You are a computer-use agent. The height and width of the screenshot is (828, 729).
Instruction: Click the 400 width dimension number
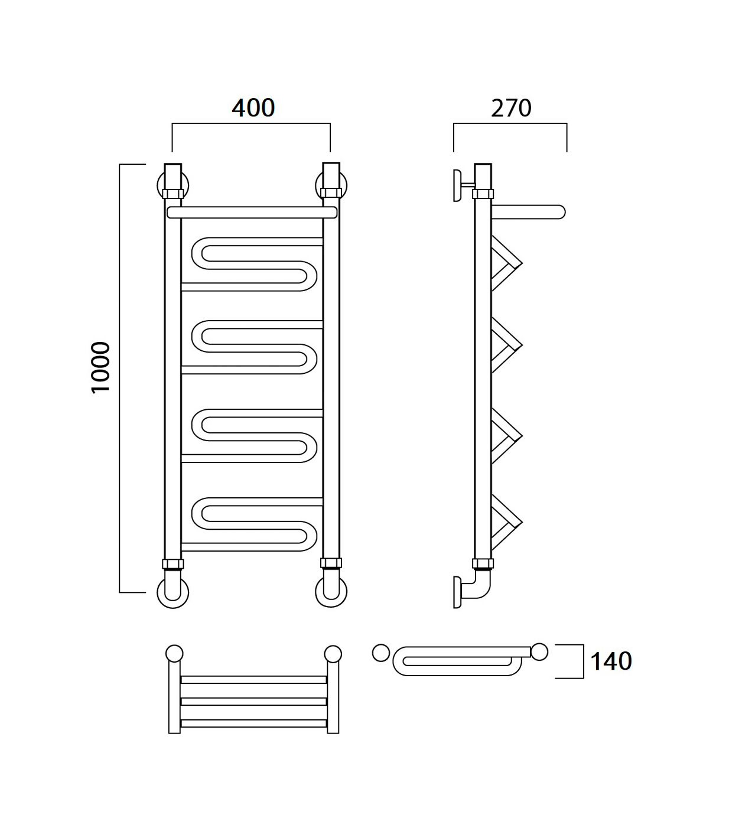click(253, 108)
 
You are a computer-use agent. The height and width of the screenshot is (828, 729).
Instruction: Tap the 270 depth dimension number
click(511, 108)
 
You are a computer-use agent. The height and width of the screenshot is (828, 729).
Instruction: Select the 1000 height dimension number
click(100, 367)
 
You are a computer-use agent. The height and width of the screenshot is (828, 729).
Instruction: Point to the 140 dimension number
click(611, 661)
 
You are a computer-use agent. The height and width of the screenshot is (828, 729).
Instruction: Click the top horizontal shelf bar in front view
click(252, 213)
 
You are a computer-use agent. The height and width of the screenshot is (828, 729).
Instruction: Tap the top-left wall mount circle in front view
click(173, 186)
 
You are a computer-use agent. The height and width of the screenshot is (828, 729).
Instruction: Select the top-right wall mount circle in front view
click(331, 186)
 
